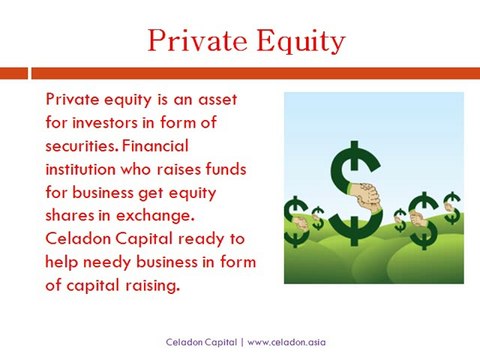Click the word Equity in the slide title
tap(297, 41)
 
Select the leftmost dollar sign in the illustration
tap(297, 222)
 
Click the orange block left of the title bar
tap(13, 73)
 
